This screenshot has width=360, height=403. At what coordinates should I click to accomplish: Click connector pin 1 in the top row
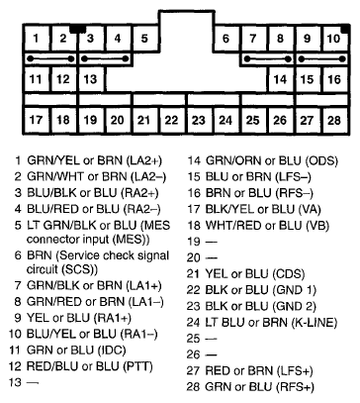(x=37, y=40)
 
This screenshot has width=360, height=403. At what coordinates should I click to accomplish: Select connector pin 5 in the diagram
(x=144, y=40)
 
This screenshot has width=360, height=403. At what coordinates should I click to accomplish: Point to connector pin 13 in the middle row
(x=90, y=77)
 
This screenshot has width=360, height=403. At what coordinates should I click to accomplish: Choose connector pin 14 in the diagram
(x=280, y=77)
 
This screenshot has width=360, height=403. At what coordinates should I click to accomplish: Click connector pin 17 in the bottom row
(x=37, y=121)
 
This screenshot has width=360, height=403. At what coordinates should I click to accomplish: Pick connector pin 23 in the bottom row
(x=199, y=121)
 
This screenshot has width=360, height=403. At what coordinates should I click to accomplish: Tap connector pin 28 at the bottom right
(x=334, y=121)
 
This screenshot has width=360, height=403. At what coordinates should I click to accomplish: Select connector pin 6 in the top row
(x=226, y=40)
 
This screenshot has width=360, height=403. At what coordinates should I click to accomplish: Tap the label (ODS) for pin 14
(x=321, y=159)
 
